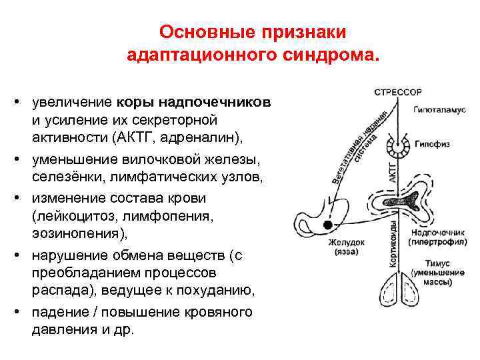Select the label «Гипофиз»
click(x=431, y=144)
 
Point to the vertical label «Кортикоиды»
click(x=393, y=243)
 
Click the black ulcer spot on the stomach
click(x=328, y=225)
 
